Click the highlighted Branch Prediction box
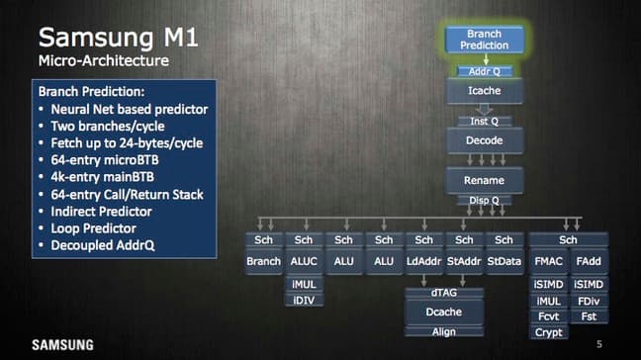[484, 40]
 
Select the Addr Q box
[484, 72]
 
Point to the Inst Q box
[484, 121]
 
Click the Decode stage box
[484, 141]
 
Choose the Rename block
[484, 180]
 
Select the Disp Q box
[484, 200]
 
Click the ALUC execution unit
[304, 261]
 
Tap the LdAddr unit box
[423, 261]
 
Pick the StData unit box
[504, 261]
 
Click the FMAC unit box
[548, 261]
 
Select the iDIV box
[304, 300]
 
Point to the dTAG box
[443, 293]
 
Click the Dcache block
[443, 312]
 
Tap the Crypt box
[548, 332]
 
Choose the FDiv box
[589, 301]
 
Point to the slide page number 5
[598, 344]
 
